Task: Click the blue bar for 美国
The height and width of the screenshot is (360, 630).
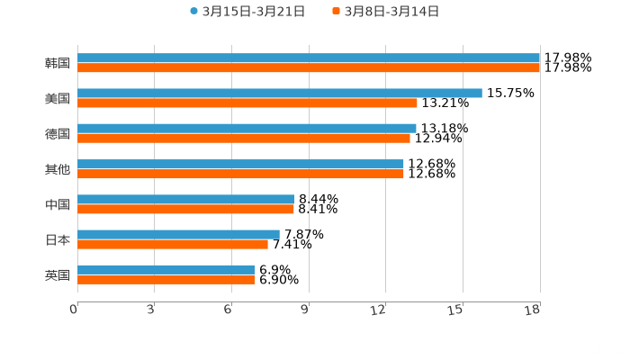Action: (280, 93)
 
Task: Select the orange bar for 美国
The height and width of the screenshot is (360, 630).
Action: (247, 103)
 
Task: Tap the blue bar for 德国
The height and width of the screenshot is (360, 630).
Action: (247, 128)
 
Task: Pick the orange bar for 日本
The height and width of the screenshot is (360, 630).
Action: (173, 244)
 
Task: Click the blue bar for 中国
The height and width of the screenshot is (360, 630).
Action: (186, 199)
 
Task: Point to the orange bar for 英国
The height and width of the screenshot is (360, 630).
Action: (166, 280)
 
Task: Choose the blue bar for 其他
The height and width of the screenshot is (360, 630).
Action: (240, 164)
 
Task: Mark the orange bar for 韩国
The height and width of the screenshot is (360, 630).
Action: (309, 67)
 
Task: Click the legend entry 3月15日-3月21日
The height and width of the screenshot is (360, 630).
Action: (253, 12)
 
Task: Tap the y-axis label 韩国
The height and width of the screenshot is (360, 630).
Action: (58, 63)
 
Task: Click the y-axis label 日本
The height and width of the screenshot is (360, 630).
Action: (58, 239)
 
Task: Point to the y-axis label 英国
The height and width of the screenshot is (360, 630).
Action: (58, 274)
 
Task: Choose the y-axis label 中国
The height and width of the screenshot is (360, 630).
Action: (58, 204)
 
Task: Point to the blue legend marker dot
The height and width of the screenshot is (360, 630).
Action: (193, 12)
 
